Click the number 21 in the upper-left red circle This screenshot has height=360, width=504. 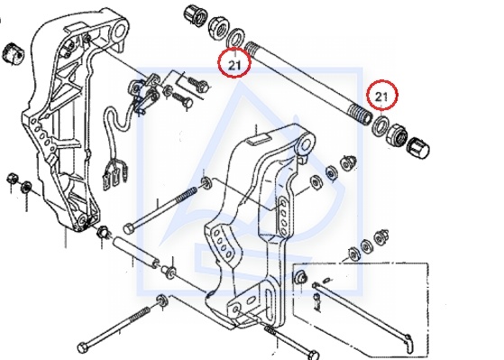coord(234,65)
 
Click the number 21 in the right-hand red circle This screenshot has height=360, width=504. coord(381,97)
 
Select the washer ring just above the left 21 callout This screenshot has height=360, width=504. coord(235,38)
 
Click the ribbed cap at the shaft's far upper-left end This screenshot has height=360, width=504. coord(195,14)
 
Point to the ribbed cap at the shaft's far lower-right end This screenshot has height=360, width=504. coord(418,148)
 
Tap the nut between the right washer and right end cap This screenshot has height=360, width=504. coord(397,135)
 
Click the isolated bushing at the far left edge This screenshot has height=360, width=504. coord(14,53)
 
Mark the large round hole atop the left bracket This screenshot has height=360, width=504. coord(120,31)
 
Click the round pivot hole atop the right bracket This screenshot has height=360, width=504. coord(306,143)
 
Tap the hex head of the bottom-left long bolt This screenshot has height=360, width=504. coord(83,348)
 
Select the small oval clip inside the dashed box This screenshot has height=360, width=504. coord(327,280)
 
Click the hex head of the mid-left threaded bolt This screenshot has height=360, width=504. coord(129,229)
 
